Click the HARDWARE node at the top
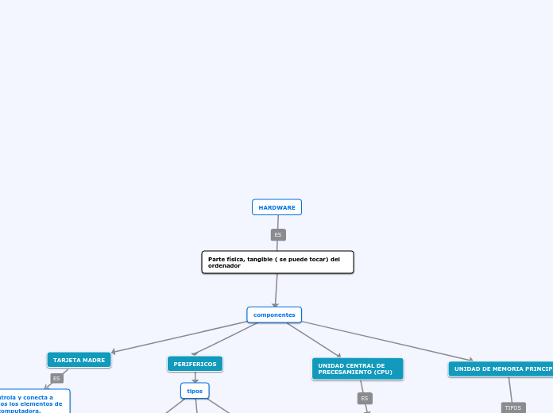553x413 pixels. (x=276, y=207)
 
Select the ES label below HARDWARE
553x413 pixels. (x=278, y=235)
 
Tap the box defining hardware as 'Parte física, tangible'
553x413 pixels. (x=277, y=262)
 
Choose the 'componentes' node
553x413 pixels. (x=274, y=315)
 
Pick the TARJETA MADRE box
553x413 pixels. (x=79, y=360)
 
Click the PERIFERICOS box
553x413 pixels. (x=195, y=364)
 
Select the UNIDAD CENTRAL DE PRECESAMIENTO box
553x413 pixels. (x=358, y=369)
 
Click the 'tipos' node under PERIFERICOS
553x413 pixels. (x=195, y=391)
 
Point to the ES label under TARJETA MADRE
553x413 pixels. (x=56, y=379)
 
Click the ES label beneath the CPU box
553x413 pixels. (x=365, y=398)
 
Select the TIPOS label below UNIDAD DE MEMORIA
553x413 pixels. (x=513, y=407)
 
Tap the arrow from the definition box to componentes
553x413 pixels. (x=276, y=291)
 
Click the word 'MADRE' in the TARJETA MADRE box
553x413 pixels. (x=93, y=360)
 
